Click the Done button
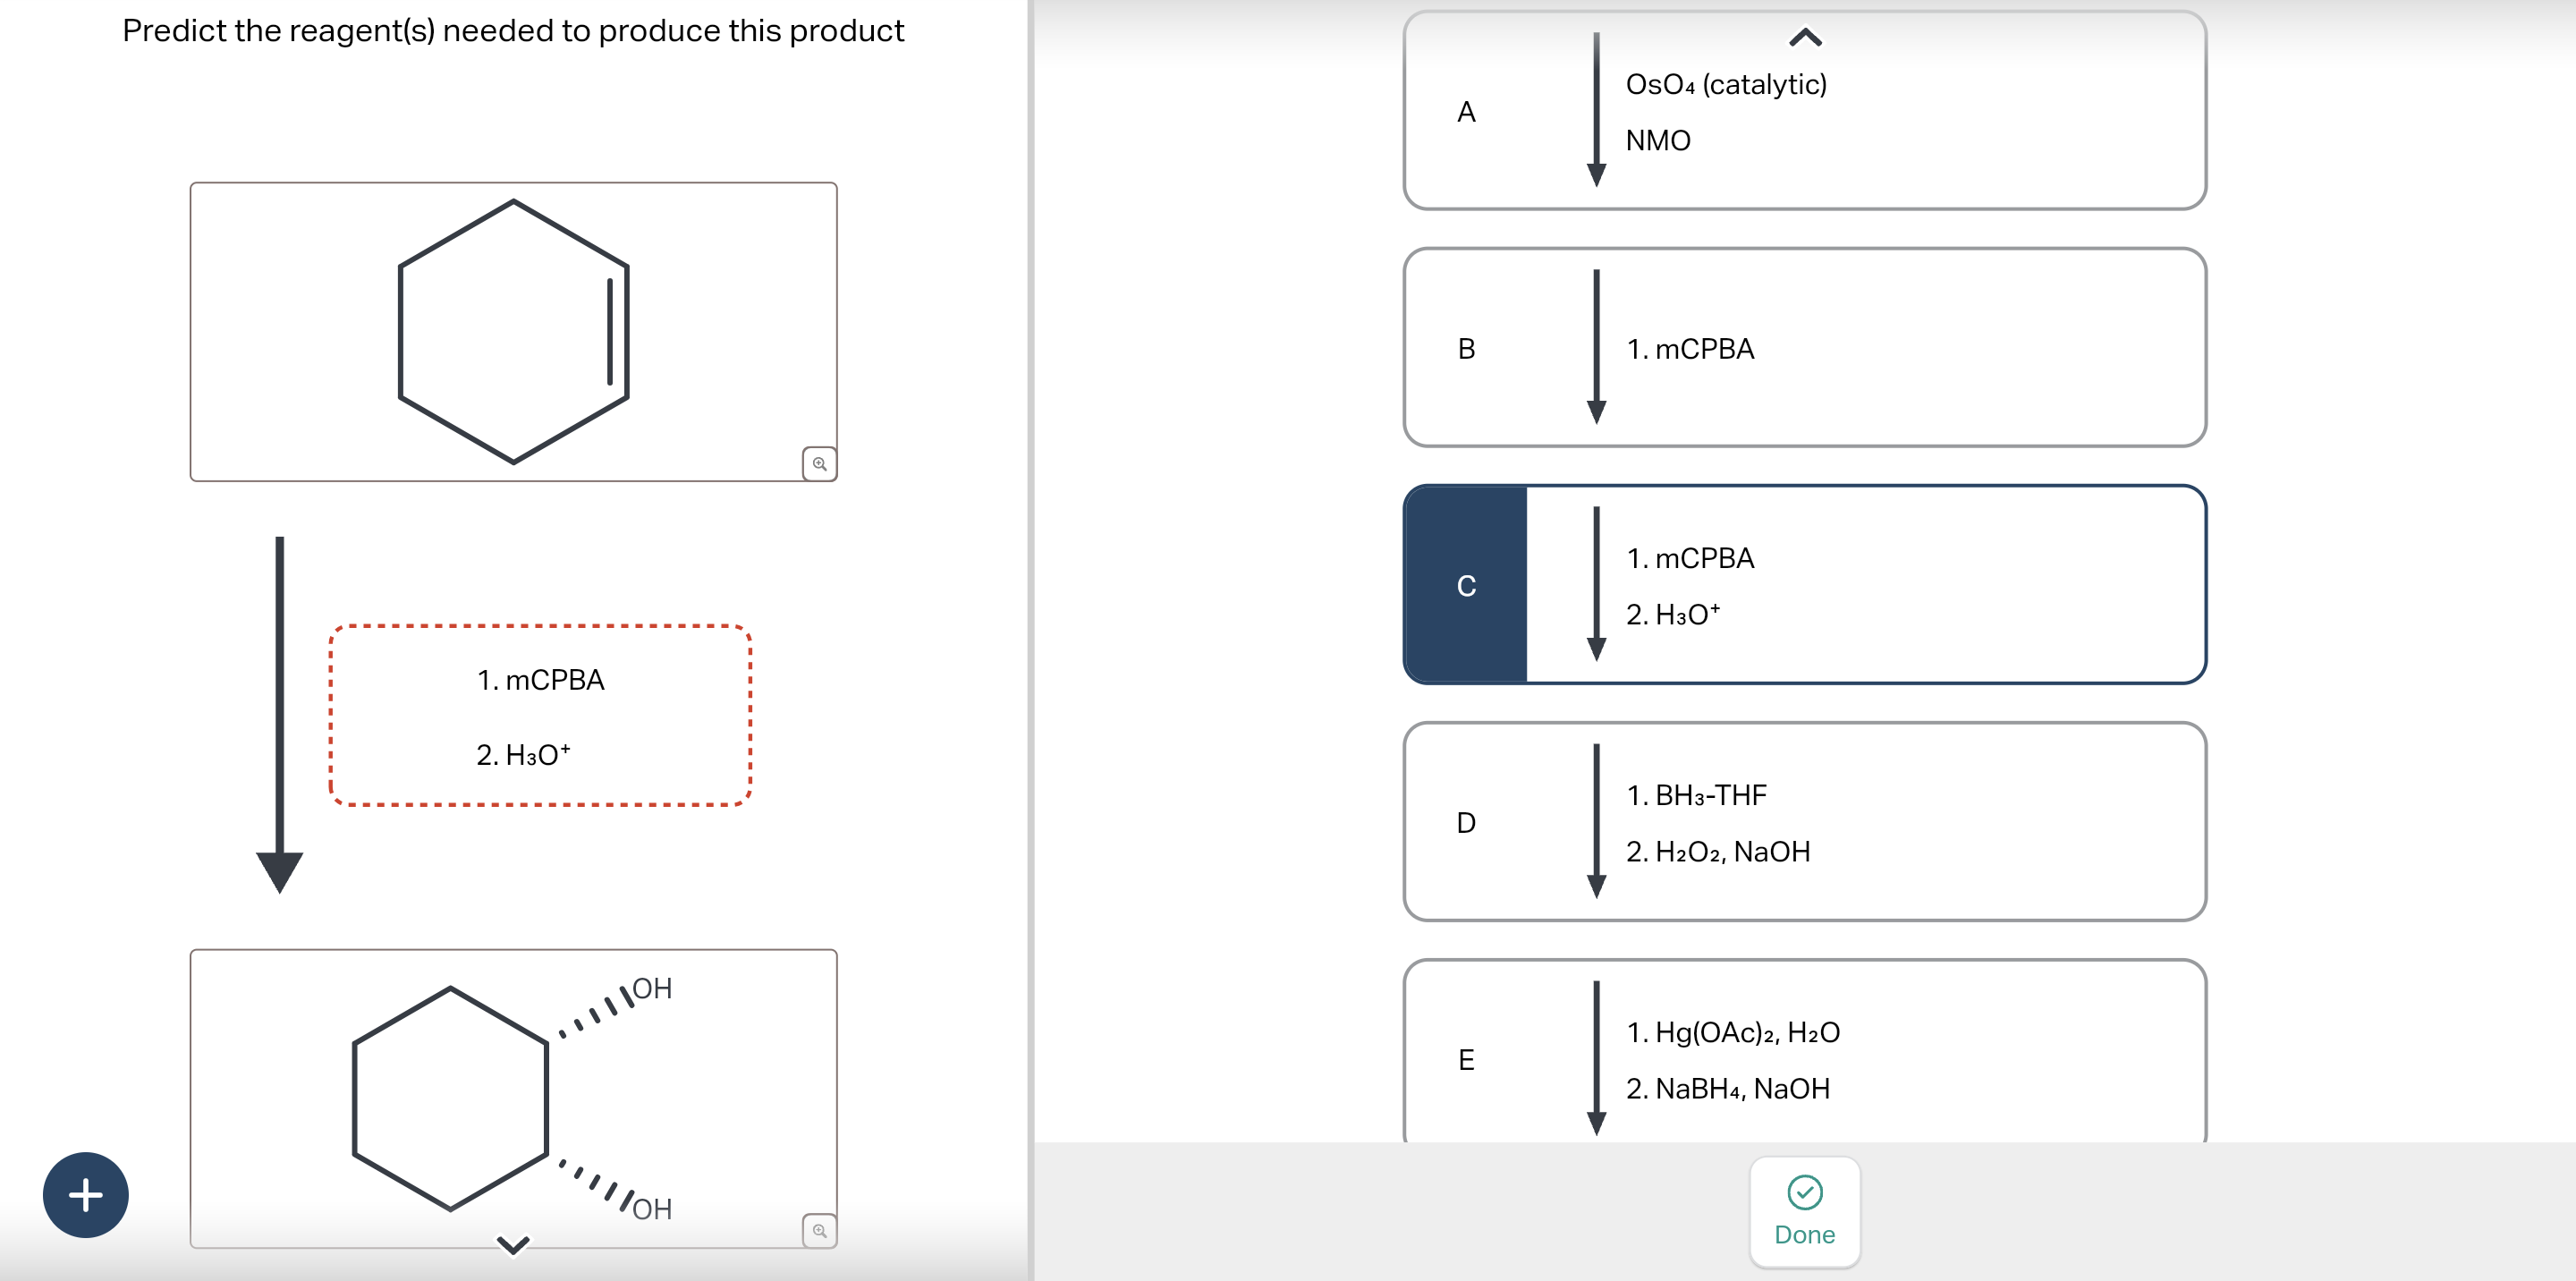(x=1804, y=1212)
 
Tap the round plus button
(x=86, y=1194)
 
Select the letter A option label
(x=1466, y=112)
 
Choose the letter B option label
(x=1466, y=349)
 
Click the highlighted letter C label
(x=1466, y=586)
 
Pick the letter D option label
(x=1466, y=823)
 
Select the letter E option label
(x=1466, y=1060)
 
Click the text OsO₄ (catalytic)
(x=1726, y=85)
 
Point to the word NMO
(x=1658, y=141)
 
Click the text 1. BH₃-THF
(x=1696, y=796)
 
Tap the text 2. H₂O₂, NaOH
(x=1718, y=852)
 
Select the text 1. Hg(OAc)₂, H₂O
(x=1733, y=1033)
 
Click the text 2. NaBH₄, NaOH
(x=1728, y=1089)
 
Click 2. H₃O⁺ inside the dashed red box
(x=523, y=755)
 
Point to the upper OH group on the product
(x=652, y=989)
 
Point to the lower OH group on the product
(x=652, y=1209)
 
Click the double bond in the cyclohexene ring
(x=618, y=332)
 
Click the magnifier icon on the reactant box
(x=819, y=464)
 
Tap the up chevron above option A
(x=1804, y=38)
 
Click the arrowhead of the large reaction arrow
(x=280, y=871)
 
